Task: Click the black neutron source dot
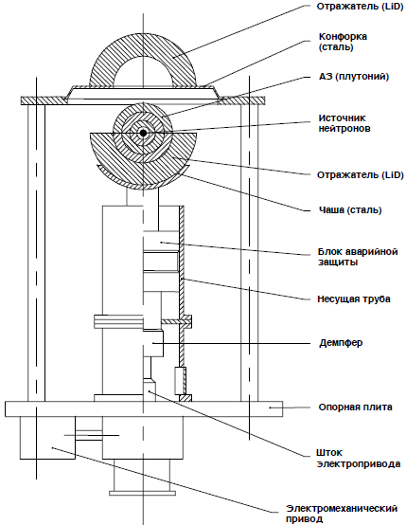pyautogui.click(x=144, y=133)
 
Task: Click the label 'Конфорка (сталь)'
pyautogui.click(x=343, y=42)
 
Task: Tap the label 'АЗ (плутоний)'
pyautogui.click(x=354, y=77)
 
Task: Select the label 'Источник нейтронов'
pyautogui.click(x=344, y=123)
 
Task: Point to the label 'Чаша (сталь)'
pyautogui.click(x=350, y=210)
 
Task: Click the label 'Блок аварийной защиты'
pyautogui.click(x=358, y=257)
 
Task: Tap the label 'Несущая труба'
pyautogui.click(x=354, y=299)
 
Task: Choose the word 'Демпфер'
pyautogui.click(x=341, y=343)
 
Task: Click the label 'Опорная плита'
pyautogui.click(x=355, y=407)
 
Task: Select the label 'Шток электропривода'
pyautogui.click(x=358, y=459)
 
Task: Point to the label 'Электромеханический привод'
pyautogui.click(x=342, y=514)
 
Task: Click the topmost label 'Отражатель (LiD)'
pyautogui.click(x=360, y=7)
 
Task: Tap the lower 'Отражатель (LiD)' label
pyautogui.click(x=361, y=174)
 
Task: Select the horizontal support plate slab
pyautogui.click(x=144, y=408)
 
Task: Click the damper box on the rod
pyautogui.click(x=153, y=343)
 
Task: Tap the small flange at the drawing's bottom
pyautogui.click(x=143, y=493)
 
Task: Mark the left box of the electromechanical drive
pyautogui.click(x=47, y=438)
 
